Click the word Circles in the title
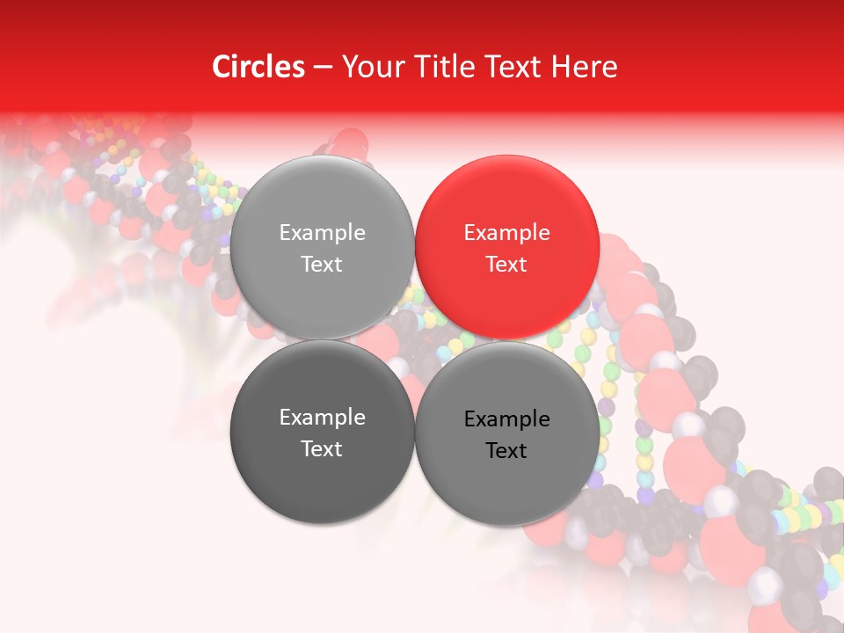click(258, 67)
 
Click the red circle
click(507, 247)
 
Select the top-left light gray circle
click(322, 247)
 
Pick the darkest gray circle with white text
click(322, 432)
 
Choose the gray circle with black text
click(507, 432)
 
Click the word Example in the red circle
click(506, 233)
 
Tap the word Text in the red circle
click(506, 265)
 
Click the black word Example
click(506, 419)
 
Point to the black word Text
click(506, 451)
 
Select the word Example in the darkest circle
click(322, 418)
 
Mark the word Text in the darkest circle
click(322, 449)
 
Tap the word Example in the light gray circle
click(322, 233)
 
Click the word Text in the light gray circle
click(322, 265)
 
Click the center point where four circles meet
click(414, 339)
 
